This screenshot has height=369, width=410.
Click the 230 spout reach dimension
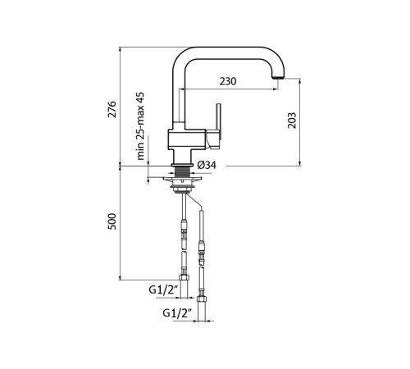[x=228, y=81]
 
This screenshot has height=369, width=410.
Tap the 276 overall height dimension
[x=112, y=109]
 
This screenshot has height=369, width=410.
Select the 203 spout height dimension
[x=292, y=121]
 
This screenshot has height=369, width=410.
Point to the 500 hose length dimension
[x=112, y=221]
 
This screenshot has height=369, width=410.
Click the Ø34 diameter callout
[x=207, y=165]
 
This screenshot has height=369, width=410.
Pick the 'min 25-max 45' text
[x=140, y=126]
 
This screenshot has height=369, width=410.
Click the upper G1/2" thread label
[x=163, y=289]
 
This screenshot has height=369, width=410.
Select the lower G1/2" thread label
[x=177, y=312]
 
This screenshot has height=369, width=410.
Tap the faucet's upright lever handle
[x=218, y=121]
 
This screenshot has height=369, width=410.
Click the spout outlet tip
[x=279, y=78]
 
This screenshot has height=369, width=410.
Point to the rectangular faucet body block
[x=187, y=139]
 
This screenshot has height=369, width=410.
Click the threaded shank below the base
[x=182, y=172]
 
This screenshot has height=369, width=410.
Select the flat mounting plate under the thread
[x=182, y=179]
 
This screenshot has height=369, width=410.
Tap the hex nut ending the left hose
[x=184, y=277]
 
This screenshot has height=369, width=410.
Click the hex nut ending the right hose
[x=201, y=298]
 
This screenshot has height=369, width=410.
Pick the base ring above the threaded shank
[x=182, y=165]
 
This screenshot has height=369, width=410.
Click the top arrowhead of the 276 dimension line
[x=121, y=49]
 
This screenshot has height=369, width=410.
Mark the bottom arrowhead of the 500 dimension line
[x=121, y=277]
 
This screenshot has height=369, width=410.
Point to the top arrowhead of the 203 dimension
[x=300, y=81]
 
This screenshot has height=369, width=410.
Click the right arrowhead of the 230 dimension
[x=276, y=89]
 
